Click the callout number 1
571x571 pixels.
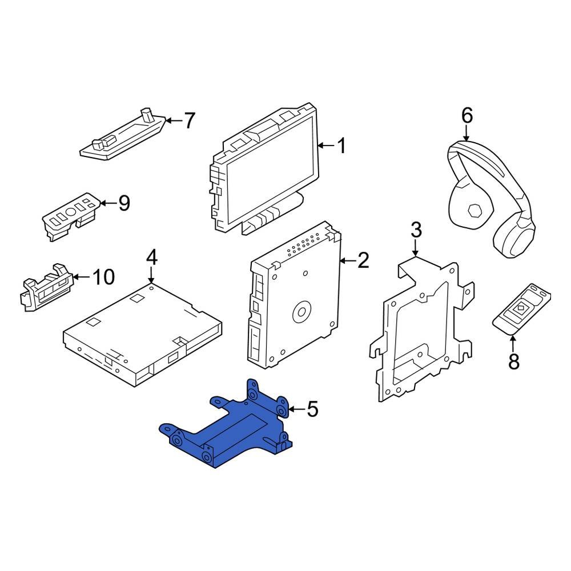pyautogui.click(x=341, y=147)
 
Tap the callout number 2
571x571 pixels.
pyautogui.click(x=363, y=261)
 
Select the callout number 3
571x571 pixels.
pyautogui.click(x=416, y=231)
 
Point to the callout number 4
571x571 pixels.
pyautogui.click(x=151, y=258)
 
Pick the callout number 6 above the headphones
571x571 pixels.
pyautogui.click(x=467, y=116)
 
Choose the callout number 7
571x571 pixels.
pyautogui.click(x=189, y=120)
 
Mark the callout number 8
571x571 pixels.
pyautogui.click(x=513, y=361)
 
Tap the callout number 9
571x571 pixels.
pyautogui.click(x=124, y=203)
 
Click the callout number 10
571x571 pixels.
pyautogui.click(x=103, y=278)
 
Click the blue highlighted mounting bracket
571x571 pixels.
pyautogui.click(x=228, y=428)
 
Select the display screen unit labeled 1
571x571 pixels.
pyautogui.click(x=266, y=171)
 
